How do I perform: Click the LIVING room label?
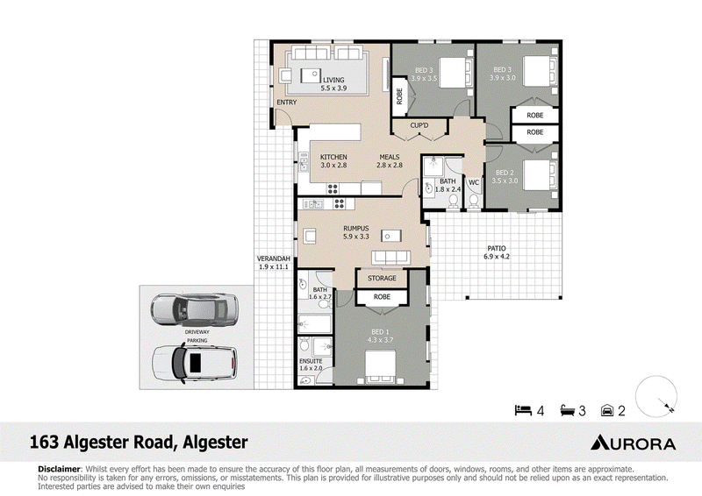click(333, 80)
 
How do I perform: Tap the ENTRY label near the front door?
click(287, 103)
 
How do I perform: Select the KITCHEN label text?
click(333, 157)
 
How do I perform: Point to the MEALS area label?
click(390, 157)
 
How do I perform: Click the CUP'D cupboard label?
click(419, 125)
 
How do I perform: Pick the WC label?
click(474, 182)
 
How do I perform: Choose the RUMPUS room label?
click(356, 229)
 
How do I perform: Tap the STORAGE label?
click(382, 278)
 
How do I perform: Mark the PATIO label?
click(497, 248)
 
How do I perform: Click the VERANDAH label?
click(274, 259)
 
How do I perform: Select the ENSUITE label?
click(311, 361)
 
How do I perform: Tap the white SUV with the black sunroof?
click(194, 363)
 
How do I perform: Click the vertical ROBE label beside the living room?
click(399, 96)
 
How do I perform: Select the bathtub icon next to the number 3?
click(567, 410)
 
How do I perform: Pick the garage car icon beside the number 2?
click(607, 410)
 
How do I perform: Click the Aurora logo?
click(633, 443)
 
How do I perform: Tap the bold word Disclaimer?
click(59, 469)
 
